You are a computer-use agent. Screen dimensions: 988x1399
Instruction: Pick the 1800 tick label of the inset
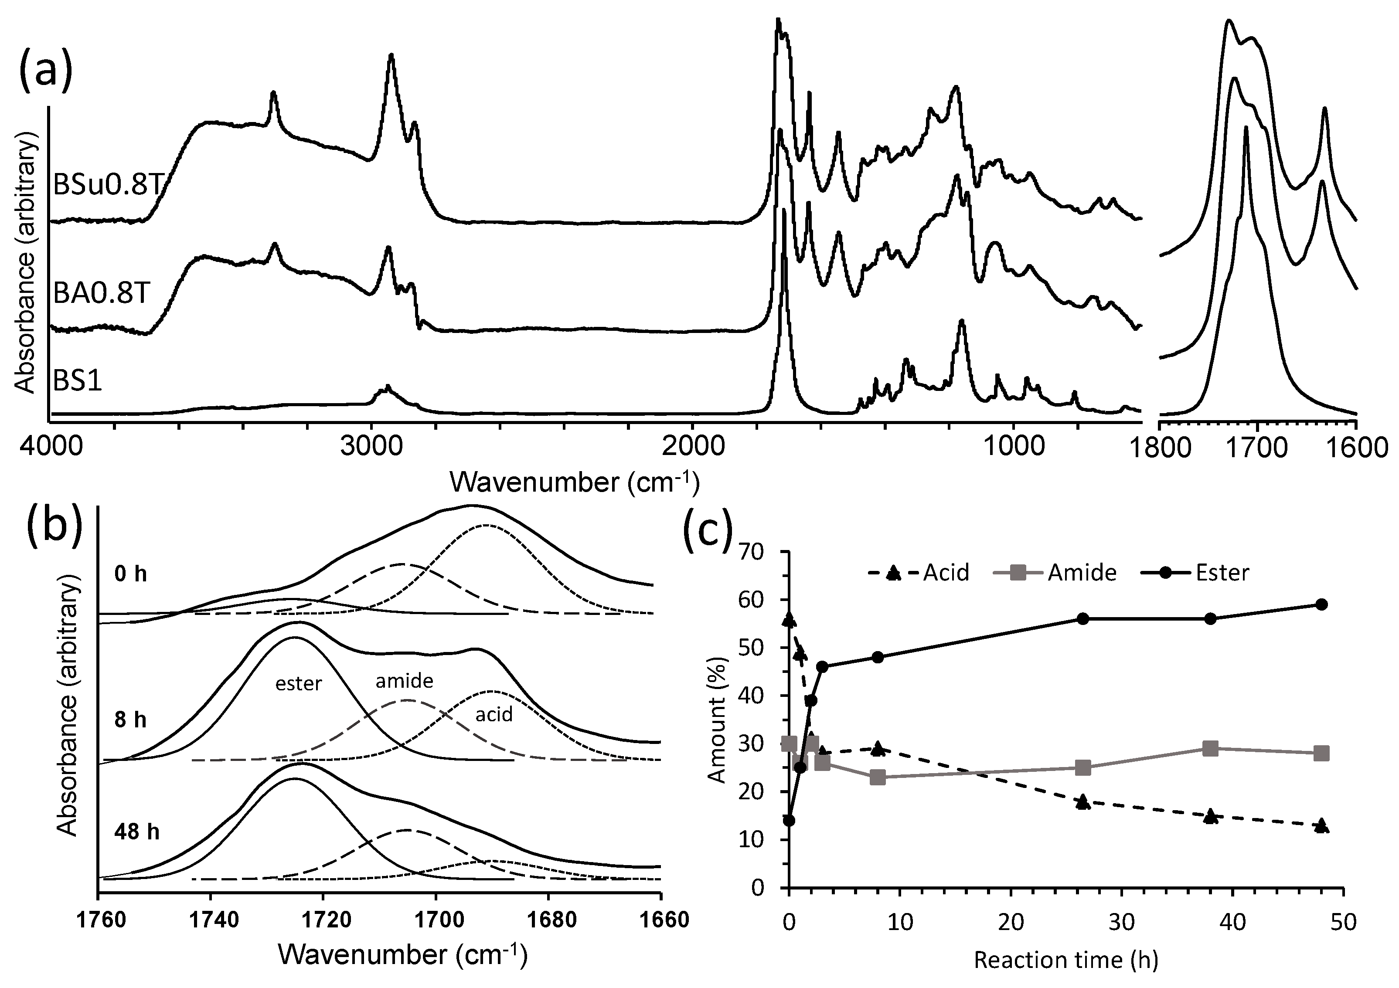pos(1175,448)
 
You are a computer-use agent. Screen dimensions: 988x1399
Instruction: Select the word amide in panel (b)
pos(404,681)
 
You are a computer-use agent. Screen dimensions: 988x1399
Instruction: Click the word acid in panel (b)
pos(494,714)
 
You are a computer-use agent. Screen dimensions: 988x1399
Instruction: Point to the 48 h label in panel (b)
pos(136,832)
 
